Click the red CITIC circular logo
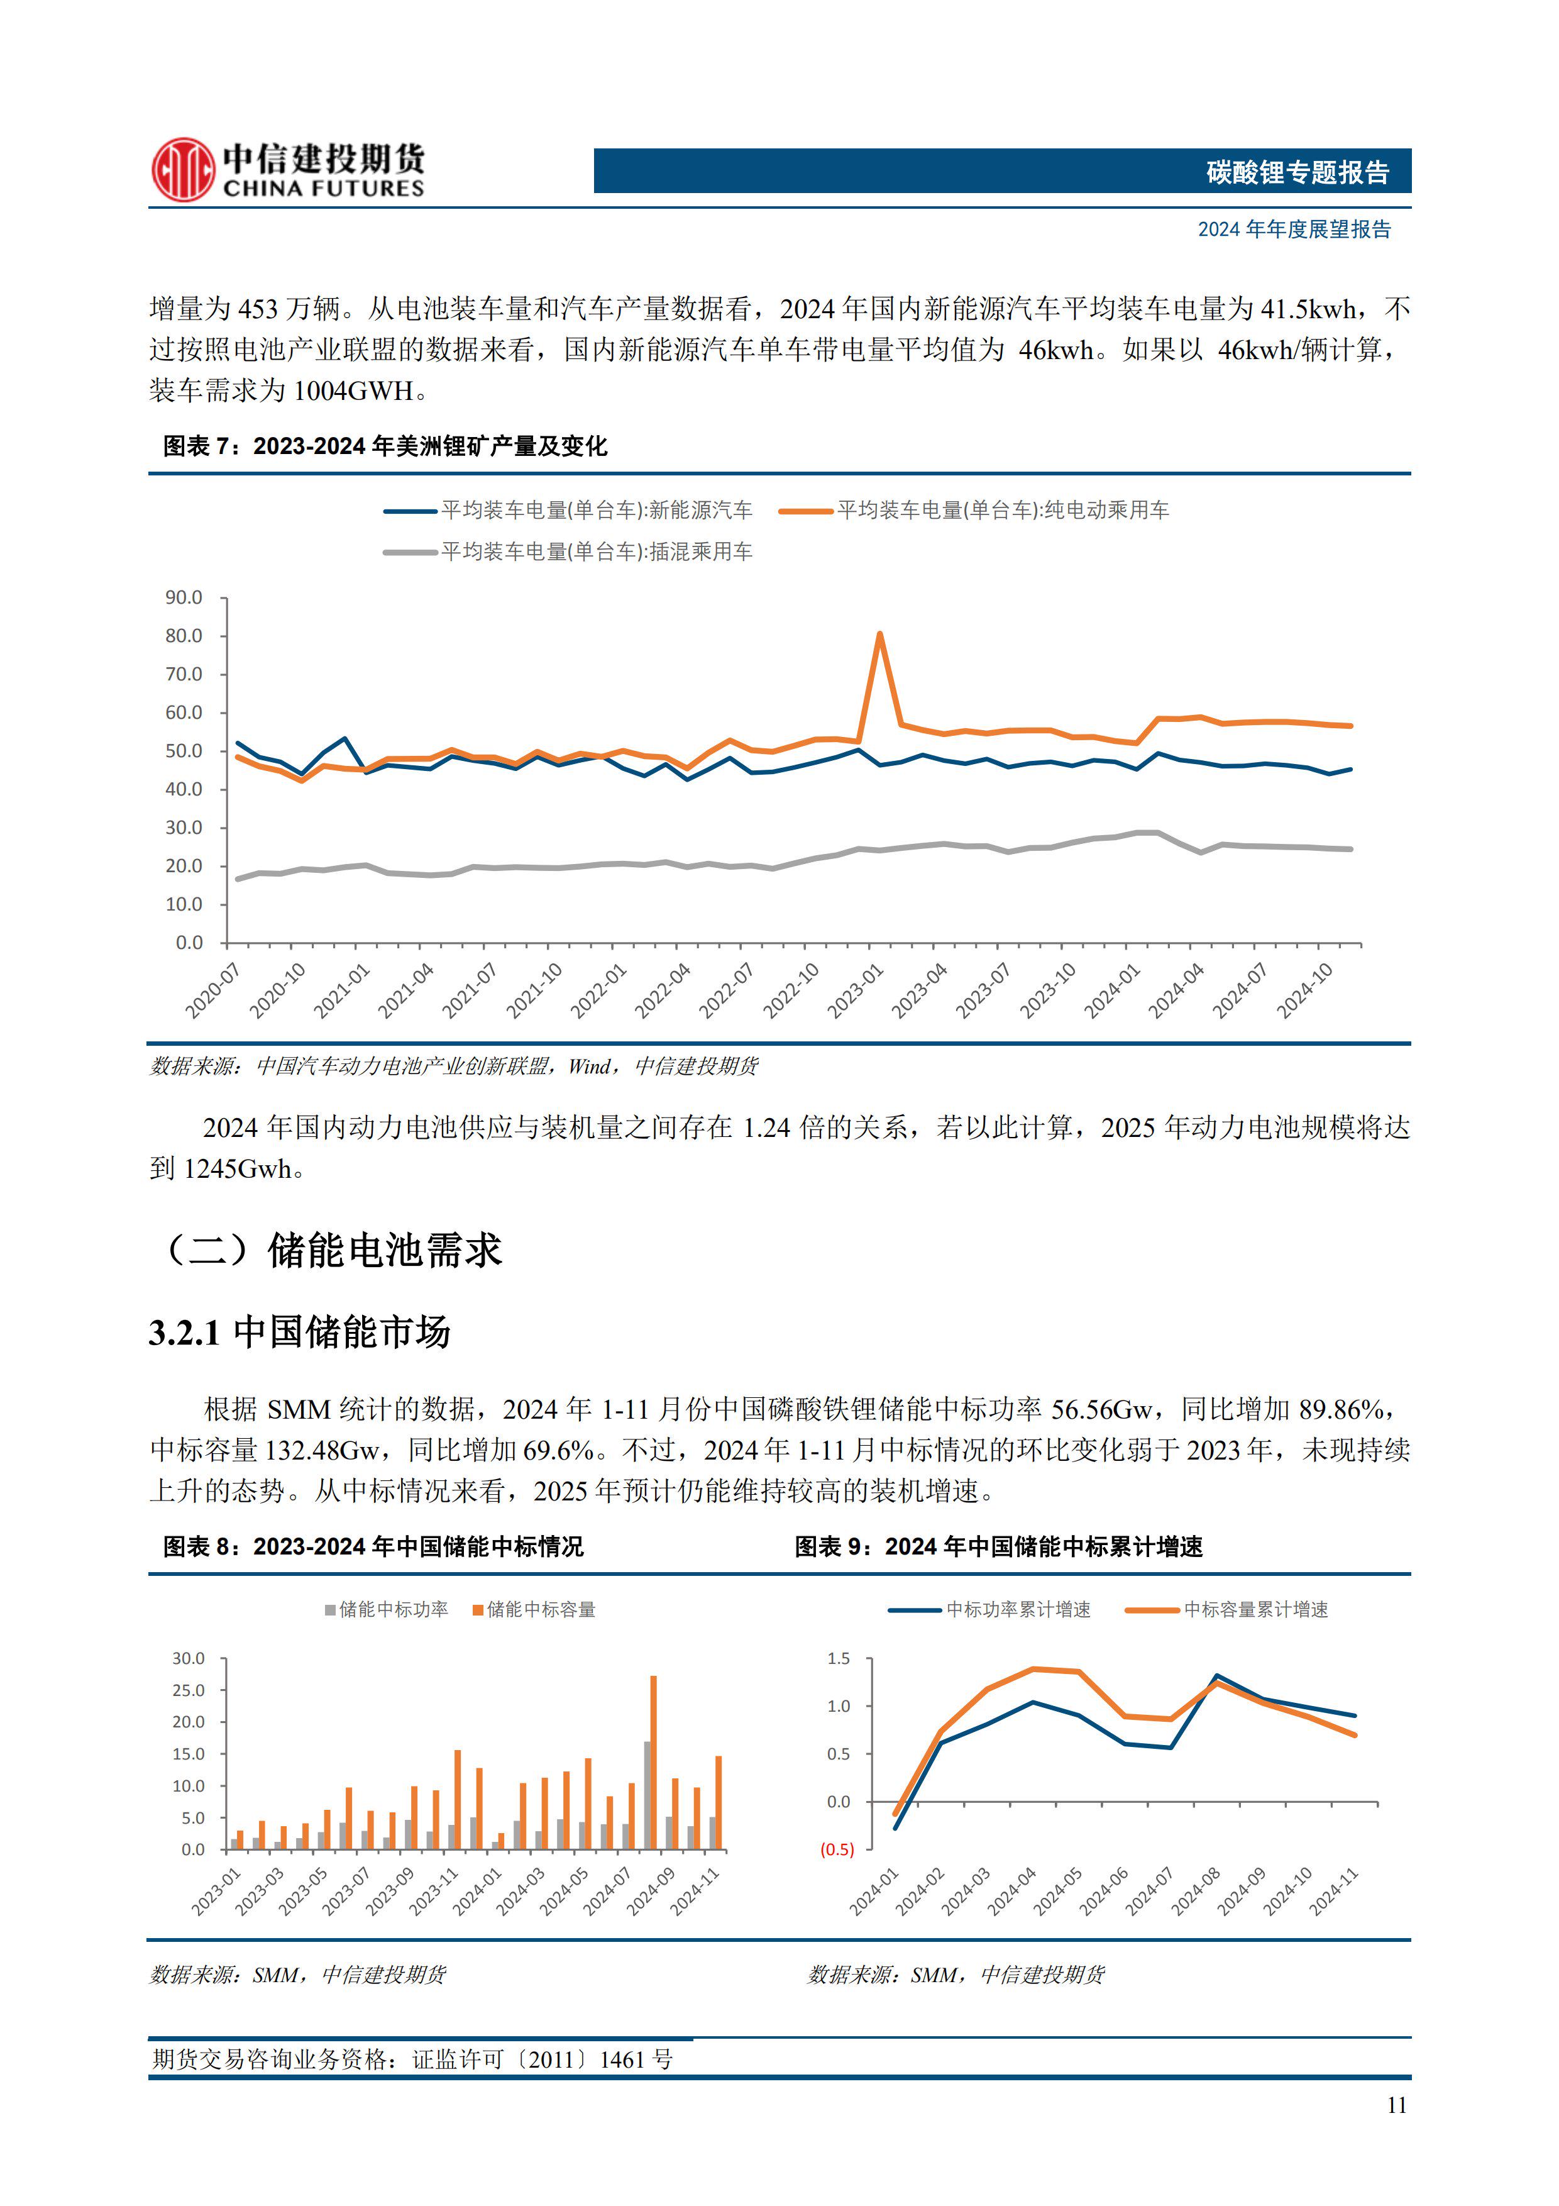(182, 170)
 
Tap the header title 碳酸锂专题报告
(1297, 172)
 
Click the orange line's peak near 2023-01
(879, 634)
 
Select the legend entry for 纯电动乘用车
(1002, 510)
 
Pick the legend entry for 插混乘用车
(595, 551)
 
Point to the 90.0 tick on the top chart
(184, 597)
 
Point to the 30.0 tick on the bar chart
(188, 1658)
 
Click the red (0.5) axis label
(837, 1849)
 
